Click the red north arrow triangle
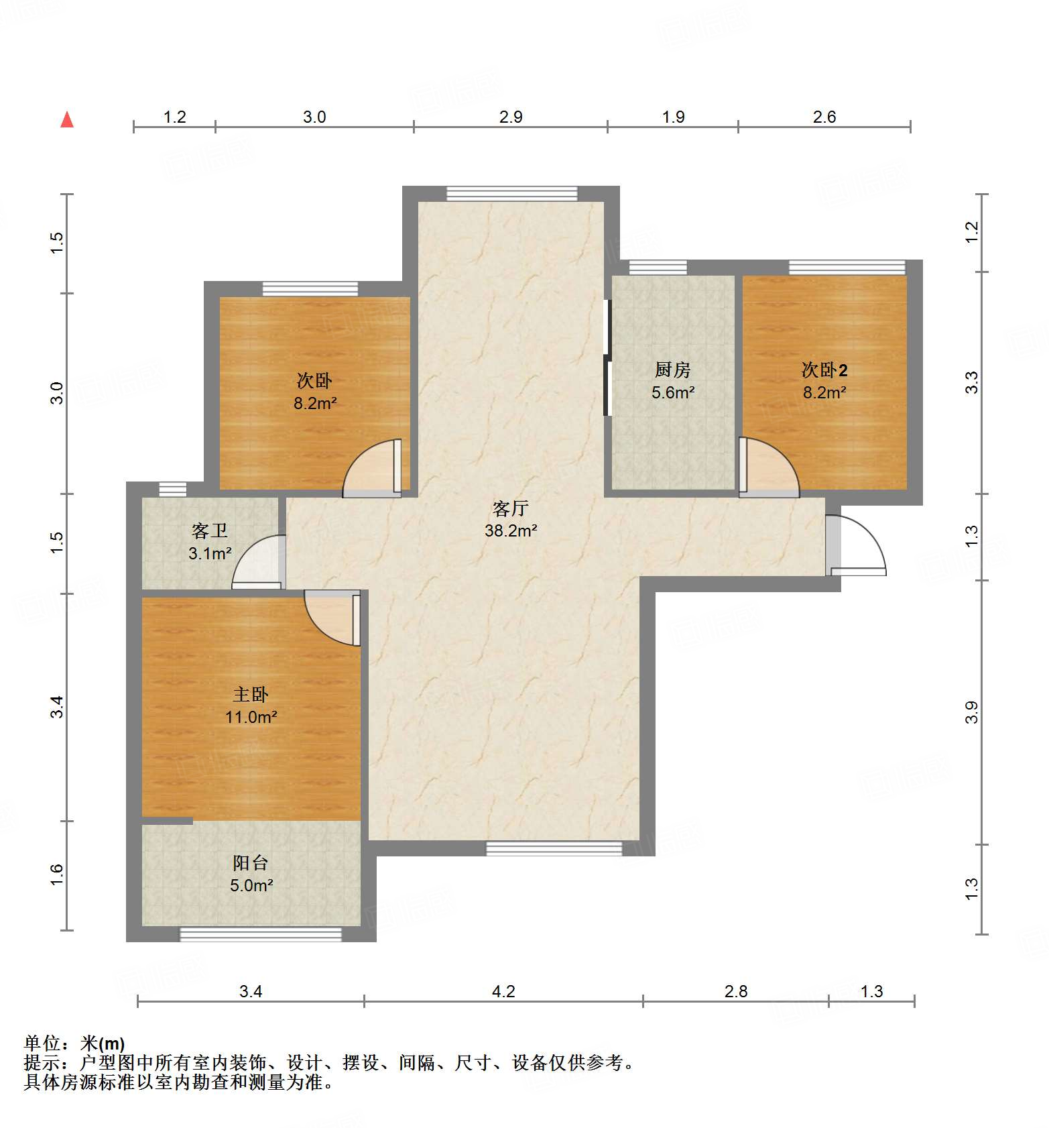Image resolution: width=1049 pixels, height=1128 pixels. (x=67, y=120)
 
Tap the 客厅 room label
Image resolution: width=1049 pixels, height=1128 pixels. (x=511, y=508)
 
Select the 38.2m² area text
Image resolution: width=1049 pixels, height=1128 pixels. (x=511, y=531)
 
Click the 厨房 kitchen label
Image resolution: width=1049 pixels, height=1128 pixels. (x=672, y=370)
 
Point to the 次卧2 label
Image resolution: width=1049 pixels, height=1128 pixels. (x=824, y=370)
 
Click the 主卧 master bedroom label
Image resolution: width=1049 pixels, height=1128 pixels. (x=251, y=695)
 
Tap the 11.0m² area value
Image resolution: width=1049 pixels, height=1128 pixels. (x=251, y=718)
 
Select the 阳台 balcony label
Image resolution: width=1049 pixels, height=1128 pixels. (x=251, y=863)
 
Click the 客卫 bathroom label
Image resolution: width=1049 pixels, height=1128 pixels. (x=210, y=531)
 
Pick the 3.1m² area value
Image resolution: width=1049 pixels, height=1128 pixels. (x=210, y=554)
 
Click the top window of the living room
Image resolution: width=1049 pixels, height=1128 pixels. (x=512, y=193)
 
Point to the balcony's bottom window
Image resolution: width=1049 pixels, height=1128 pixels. (x=261, y=934)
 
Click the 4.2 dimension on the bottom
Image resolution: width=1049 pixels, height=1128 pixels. (x=503, y=991)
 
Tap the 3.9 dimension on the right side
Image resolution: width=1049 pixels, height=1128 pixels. (x=972, y=712)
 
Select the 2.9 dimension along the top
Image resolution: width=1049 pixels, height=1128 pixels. (x=511, y=117)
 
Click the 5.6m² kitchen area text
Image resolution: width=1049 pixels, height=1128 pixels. (x=673, y=393)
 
